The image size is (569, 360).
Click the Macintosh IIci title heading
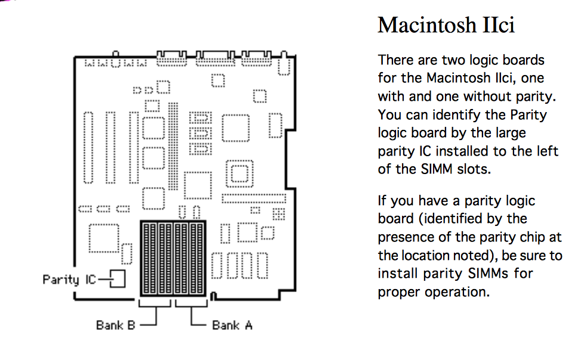(x=446, y=25)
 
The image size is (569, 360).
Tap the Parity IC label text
(x=69, y=280)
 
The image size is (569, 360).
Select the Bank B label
(x=115, y=325)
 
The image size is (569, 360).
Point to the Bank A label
(x=232, y=325)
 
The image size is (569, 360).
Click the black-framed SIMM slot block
(x=173, y=258)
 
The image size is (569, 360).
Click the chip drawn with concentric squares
(x=240, y=173)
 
